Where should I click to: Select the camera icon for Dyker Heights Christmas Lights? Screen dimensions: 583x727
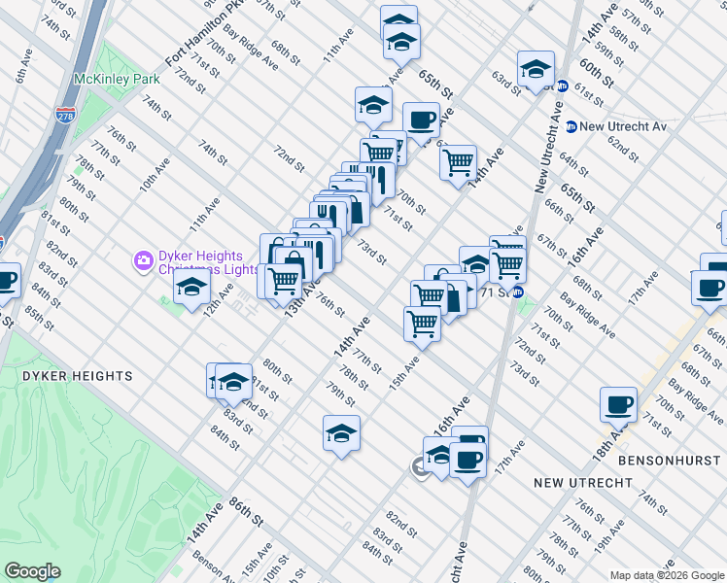143,259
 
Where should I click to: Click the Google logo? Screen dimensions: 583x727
32,571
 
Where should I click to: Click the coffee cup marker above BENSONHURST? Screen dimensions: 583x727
618,404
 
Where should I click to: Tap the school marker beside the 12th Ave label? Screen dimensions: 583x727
191,287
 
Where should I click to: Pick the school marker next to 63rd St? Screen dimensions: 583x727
535,68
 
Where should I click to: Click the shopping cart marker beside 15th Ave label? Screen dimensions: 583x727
422,323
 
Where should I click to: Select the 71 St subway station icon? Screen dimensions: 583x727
517,291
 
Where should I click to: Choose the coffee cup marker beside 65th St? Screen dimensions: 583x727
421,120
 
